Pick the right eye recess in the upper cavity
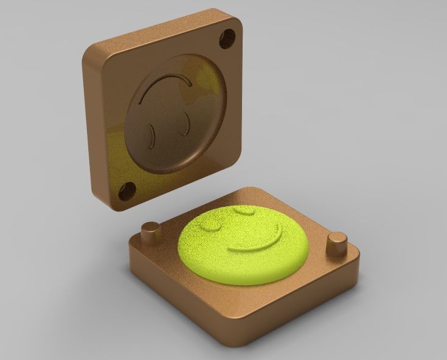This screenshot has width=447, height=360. pyautogui.click(x=181, y=124)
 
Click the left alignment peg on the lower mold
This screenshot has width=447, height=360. pyautogui.click(x=150, y=233)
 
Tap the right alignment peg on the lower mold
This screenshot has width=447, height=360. pyautogui.click(x=336, y=243)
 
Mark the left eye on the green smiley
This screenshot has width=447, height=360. pyautogui.click(x=214, y=225)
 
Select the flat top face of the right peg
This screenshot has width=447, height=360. pyautogui.click(x=336, y=237)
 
